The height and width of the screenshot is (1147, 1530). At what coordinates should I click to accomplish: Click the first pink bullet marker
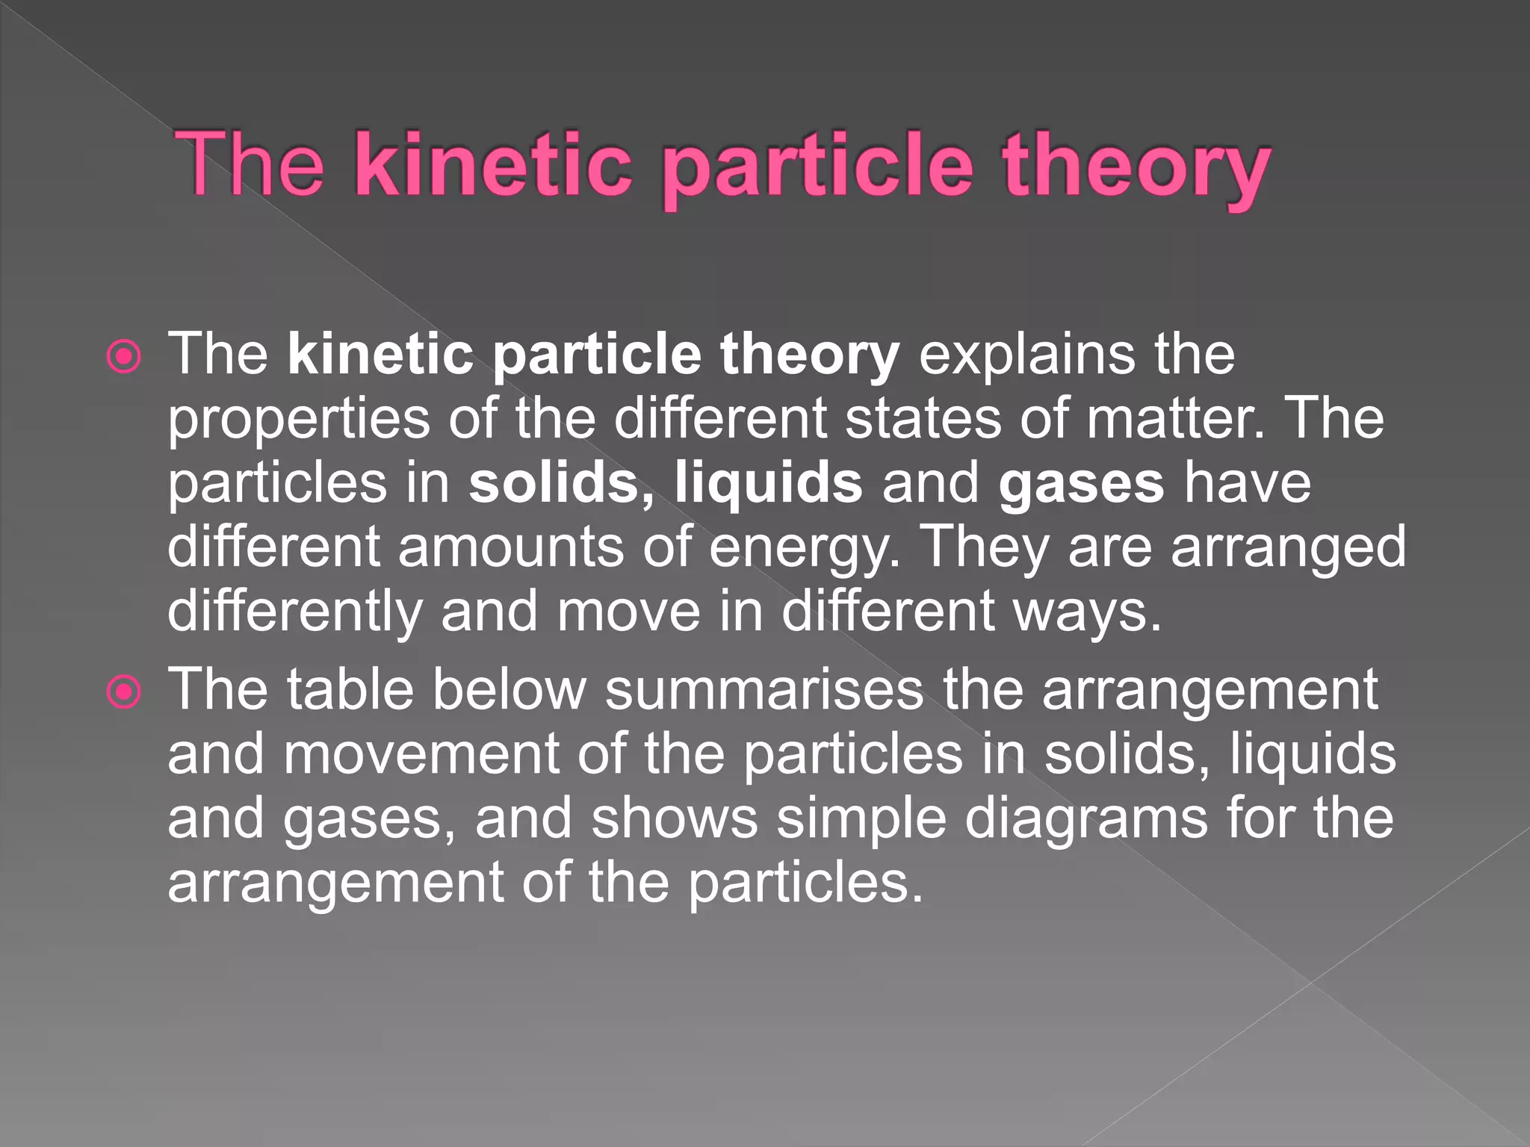click(124, 357)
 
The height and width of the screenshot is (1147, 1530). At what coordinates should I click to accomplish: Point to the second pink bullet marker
click(124, 692)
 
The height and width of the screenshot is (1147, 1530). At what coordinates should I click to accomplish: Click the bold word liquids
click(769, 484)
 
